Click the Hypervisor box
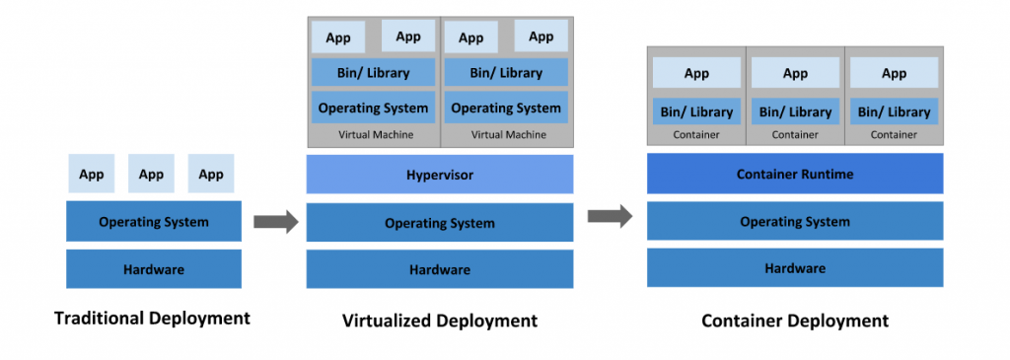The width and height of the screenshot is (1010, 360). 440,175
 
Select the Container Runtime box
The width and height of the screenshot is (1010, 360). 795,175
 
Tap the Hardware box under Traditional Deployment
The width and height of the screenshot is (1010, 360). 153,269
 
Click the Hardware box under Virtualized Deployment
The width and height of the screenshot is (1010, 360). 440,269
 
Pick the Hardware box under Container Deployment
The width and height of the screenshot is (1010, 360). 795,268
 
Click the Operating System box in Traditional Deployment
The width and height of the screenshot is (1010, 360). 153,222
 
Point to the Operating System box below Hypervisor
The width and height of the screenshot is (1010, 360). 440,223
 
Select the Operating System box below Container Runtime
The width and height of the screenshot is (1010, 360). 795,221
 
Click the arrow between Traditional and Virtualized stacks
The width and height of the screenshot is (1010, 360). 275,222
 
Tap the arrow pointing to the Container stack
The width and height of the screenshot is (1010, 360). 611,216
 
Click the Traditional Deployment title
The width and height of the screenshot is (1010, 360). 152,319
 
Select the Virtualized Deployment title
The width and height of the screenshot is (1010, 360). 440,321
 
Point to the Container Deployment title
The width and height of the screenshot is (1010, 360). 795,321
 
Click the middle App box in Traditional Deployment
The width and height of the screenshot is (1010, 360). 151,175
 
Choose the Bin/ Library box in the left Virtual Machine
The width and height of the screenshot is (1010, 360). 373,72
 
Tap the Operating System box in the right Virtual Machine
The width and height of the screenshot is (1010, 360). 506,108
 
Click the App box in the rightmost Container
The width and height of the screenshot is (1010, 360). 894,73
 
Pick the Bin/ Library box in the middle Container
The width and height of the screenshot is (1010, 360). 795,111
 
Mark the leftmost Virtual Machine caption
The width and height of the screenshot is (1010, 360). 375,134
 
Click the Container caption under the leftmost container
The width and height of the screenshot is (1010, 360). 696,134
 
